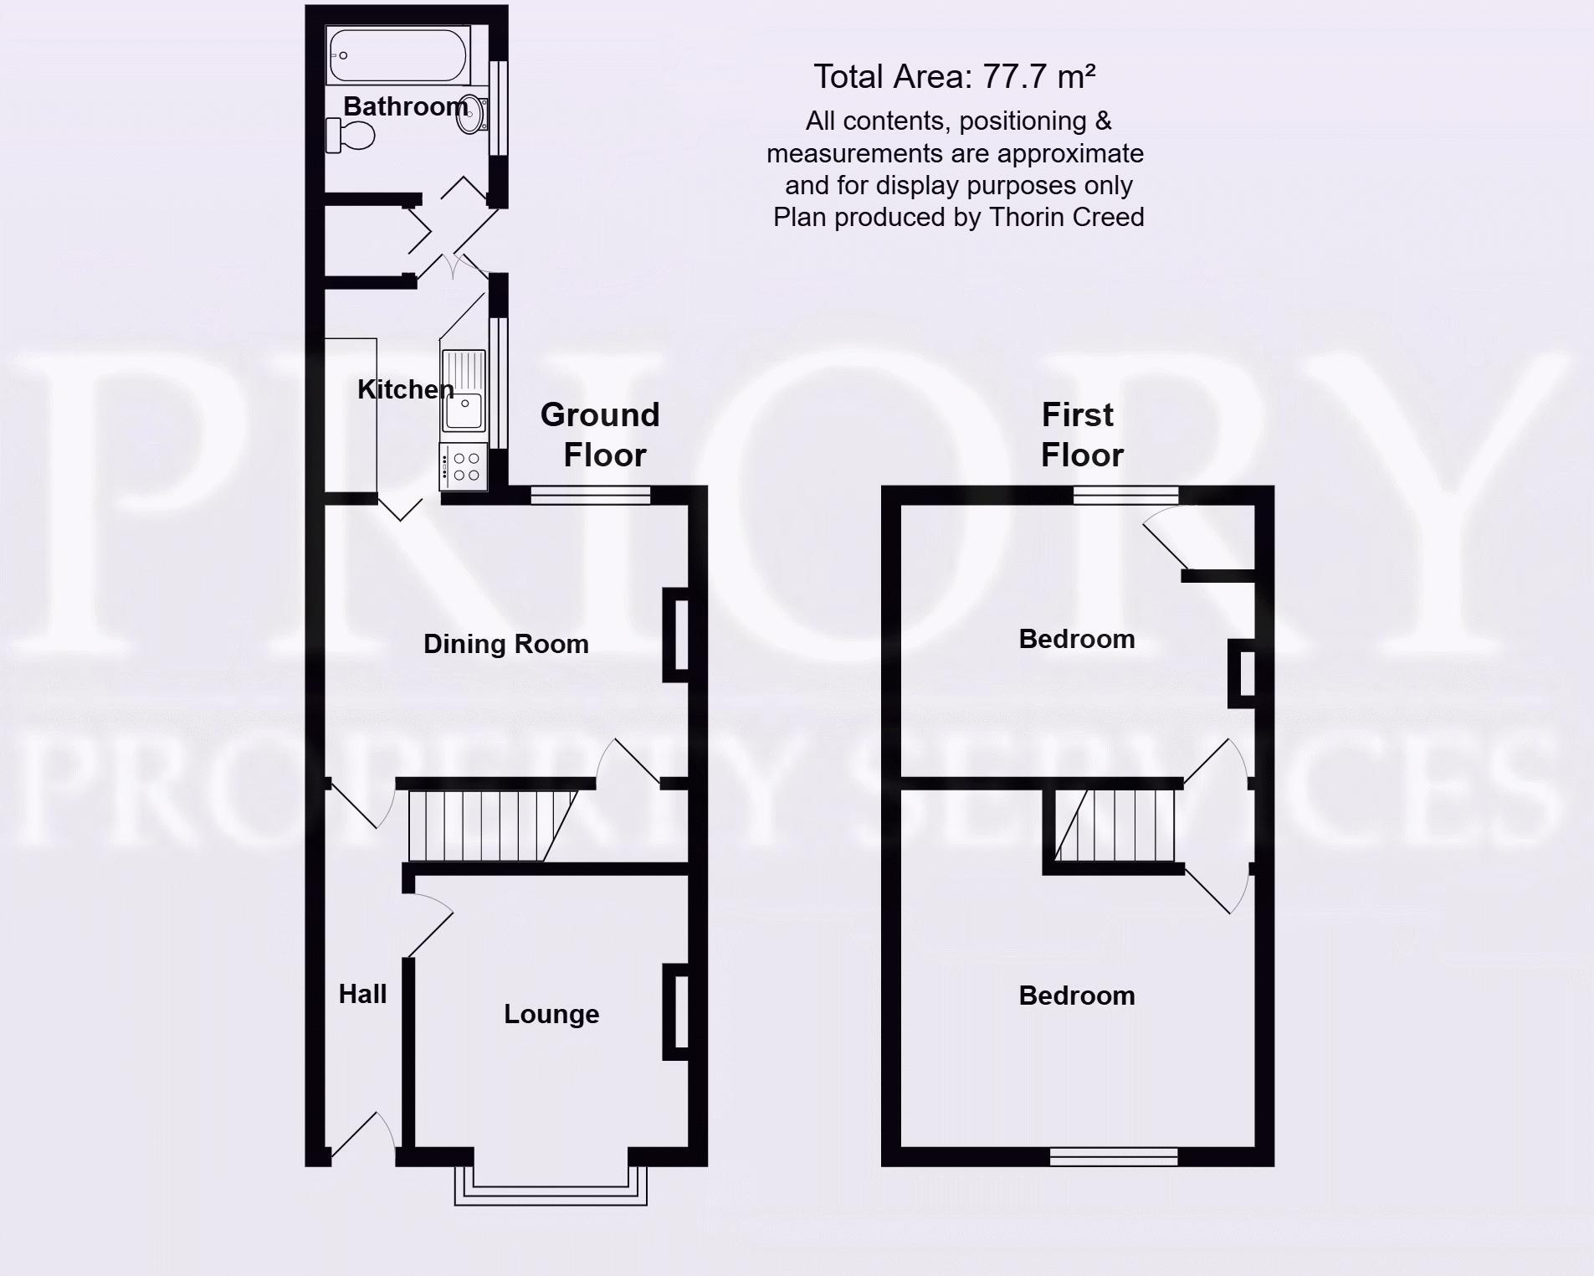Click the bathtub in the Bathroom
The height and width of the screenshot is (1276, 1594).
click(397, 55)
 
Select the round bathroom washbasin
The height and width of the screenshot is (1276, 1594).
click(471, 115)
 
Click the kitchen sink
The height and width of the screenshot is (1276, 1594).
click(463, 390)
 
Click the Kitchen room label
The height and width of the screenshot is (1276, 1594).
click(405, 389)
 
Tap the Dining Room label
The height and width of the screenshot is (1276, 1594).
click(505, 644)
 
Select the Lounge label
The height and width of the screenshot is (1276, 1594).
click(551, 1014)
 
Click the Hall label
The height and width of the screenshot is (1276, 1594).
click(362, 994)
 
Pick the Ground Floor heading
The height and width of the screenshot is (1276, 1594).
click(601, 435)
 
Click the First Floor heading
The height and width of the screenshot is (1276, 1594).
click(1079, 435)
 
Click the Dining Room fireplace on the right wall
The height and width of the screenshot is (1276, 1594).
click(676, 635)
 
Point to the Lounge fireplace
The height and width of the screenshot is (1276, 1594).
click(676, 1012)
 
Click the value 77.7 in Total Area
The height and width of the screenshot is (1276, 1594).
click(1014, 77)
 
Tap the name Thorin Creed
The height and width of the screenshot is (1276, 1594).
click(1066, 218)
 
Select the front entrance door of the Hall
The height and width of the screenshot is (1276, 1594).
click(361, 1139)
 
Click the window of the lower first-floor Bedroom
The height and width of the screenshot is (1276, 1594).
click(1113, 1157)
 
